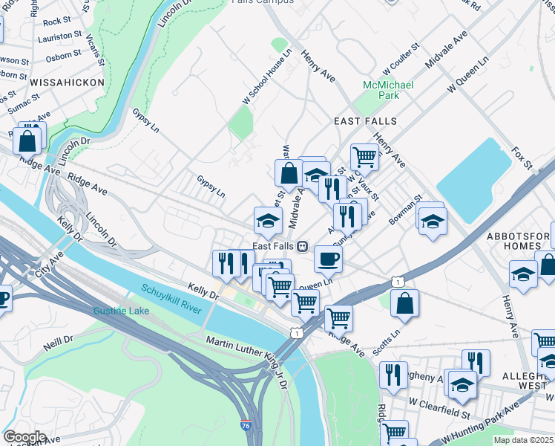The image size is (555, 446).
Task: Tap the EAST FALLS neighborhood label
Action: click(365, 121)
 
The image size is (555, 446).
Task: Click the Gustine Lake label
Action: click(121, 309)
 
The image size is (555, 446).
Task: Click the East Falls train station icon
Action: click(302, 246)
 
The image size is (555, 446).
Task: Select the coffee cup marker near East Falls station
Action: click(327, 259)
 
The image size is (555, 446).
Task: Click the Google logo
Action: click(25, 437)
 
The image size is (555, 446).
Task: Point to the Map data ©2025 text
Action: click(524, 440)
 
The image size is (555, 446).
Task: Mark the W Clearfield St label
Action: click(440, 412)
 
